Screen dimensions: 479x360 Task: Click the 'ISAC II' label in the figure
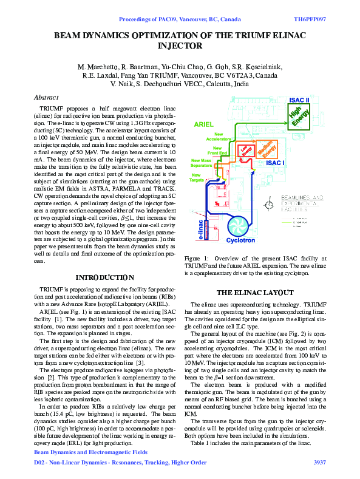tap(299, 100)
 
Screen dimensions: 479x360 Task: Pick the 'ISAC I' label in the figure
tap(276, 163)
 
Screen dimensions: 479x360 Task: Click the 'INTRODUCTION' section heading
tap(104, 277)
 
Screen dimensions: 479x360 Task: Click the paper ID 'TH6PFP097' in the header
tap(310, 20)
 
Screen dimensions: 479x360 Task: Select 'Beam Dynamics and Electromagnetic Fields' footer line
tap(90, 452)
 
